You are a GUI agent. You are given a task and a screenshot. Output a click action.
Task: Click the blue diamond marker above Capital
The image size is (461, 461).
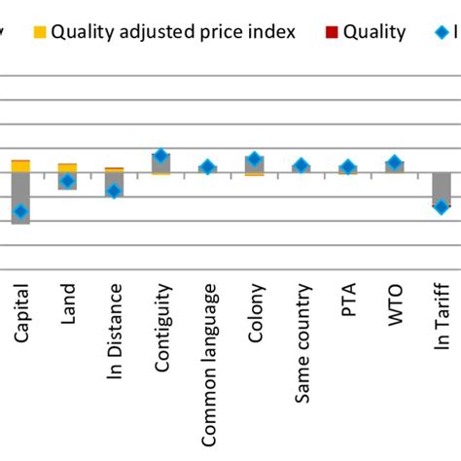coord(20,212)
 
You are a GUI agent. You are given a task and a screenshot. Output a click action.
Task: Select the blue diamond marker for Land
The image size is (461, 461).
coord(67,181)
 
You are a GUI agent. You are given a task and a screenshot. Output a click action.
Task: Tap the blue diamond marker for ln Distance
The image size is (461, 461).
coord(114,191)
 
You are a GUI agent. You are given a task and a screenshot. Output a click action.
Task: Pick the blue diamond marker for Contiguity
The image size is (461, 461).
coord(160,156)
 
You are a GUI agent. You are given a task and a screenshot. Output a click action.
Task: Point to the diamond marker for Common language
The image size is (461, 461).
coord(207,167)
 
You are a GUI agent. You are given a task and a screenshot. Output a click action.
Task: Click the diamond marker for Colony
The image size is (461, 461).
coord(254,159)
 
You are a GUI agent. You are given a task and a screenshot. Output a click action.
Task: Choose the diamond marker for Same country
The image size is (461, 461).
coord(301,165)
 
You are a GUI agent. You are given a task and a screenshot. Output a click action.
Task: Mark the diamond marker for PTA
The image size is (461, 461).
coord(347,167)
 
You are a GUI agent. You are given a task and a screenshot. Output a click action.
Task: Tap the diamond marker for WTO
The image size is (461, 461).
coord(394,162)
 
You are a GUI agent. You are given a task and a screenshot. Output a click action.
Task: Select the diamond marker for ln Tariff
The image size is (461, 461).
coord(441,206)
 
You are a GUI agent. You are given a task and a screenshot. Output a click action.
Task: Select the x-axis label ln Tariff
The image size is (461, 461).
coord(443,315)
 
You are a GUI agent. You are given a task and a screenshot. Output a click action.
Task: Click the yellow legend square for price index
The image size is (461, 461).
coord(39,32)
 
